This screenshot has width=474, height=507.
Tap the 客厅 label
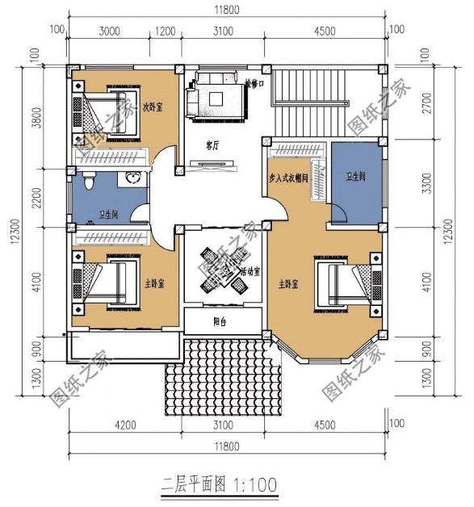point(213,145)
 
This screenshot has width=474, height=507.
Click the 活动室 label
point(250,271)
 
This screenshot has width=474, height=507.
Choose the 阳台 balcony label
point(220,321)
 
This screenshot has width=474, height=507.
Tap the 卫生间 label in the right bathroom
point(355,176)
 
